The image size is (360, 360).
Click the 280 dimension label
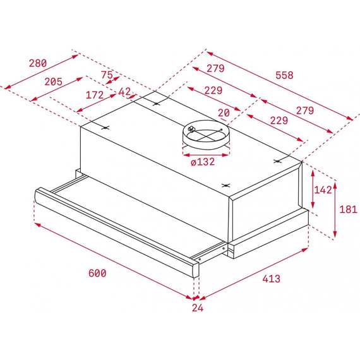38,63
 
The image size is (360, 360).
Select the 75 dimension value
107,75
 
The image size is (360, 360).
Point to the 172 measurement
94,95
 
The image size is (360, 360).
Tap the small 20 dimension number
223,112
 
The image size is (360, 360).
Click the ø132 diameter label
203,162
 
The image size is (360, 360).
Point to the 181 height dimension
348,208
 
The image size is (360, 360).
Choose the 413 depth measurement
270,278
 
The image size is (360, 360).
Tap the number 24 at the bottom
198,308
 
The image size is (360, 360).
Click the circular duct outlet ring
204,135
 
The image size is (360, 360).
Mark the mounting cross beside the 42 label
155,102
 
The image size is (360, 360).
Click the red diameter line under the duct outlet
203,152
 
